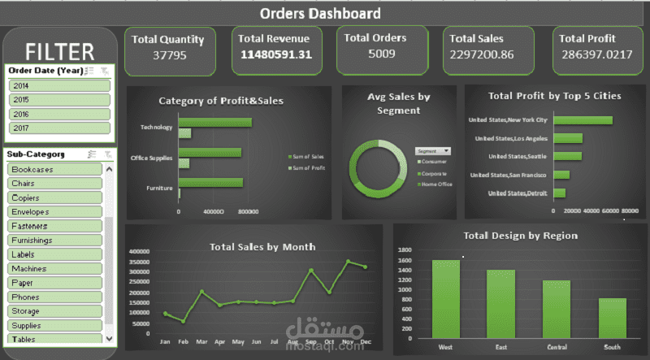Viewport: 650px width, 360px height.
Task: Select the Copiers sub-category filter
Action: pyautogui.click(x=54, y=197)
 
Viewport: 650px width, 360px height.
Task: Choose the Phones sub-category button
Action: pyautogui.click(x=54, y=297)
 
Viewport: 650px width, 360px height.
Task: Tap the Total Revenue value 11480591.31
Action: pyautogui.click(x=275, y=55)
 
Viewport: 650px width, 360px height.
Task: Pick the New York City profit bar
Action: pyautogui.click(x=583, y=120)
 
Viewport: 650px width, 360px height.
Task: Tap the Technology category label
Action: pyautogui.click(x=157, y=128)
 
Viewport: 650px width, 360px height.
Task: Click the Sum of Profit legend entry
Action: pyautogui.click(x=309, y=168)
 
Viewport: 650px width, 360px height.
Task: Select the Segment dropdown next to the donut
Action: pyautogui.click(x=432, y=151)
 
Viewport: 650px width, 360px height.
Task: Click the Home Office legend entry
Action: pyautogui.click(x=435, y=184)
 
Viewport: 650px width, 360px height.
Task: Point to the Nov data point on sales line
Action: pyautogui.click(x=348, y=262)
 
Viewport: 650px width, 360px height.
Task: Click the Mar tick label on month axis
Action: pyautogui.click(x=201, y=342)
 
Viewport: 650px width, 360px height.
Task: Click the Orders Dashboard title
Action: pyautogui.click(x=319, y=13)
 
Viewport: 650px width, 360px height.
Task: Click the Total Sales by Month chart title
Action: pyautogui.click(x=262, y=247)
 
